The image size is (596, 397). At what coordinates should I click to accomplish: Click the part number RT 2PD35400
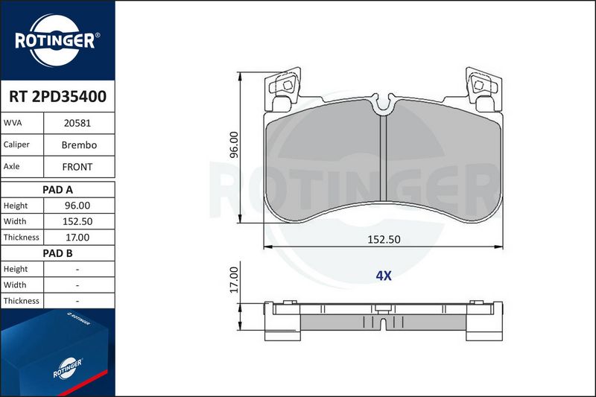pyautogui.click(x=57, y=97)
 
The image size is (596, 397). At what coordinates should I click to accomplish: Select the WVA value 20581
pyautogui.click(x=77, y=123)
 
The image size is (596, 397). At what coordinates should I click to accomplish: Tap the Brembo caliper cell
pyautogui.click(x=79, y=145)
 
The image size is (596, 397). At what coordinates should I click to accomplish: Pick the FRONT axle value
pyautogui.click(x=77, y=167)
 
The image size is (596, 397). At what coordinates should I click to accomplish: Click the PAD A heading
pyautogui.click(x=57, y=190)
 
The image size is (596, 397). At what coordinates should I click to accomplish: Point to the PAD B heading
pyautogui.click(x=57, y=253)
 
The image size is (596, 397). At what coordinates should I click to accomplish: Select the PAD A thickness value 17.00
pyautogui.click(x=77, y=238)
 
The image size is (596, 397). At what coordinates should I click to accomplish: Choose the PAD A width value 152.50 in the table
pyautogui.click(x=77, y=221)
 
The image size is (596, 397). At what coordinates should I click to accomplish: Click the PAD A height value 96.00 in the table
pyautogui.click(x=77, y=206)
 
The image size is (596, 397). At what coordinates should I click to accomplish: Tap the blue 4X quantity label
pyautogui.click(x=384, y=276)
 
